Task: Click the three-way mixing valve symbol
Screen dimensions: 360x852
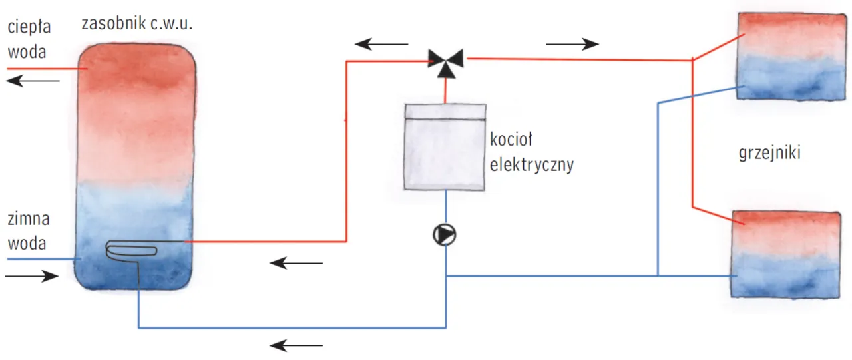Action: [x=445, y=59]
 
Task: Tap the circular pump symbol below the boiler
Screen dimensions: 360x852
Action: [x=445, y=235]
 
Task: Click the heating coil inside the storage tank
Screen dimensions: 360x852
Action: [x=132, y=249]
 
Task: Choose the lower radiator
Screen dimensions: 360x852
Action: [x=785, y=254]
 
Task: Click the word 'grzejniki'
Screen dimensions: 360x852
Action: [x=769, y=153]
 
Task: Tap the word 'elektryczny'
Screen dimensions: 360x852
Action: [x=531, y=164]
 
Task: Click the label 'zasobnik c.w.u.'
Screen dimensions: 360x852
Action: [x=136, y=24]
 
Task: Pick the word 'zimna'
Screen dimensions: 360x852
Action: [x=29, y=220]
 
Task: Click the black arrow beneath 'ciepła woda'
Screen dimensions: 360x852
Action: [x=33, y=81]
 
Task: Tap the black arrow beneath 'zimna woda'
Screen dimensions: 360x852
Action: [x=32, y=276]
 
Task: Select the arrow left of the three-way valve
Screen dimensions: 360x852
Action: [x=381, y=45]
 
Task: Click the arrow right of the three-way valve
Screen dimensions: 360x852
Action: [x=572, y=45]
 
